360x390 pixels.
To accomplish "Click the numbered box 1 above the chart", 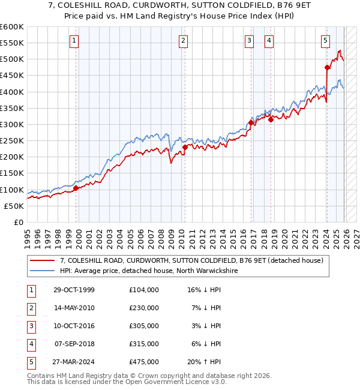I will (x=74, y=41).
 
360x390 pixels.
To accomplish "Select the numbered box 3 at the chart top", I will (x=249, y=41).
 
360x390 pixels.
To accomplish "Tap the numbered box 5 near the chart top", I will (x=325, y=41).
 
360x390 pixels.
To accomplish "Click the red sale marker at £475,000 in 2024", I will (x=327, y=67).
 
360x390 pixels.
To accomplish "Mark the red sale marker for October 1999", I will (x=76, y=188).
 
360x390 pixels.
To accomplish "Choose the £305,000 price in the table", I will (x=144, y=326).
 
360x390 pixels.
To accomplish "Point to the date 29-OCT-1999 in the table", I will (x=74, y=290).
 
